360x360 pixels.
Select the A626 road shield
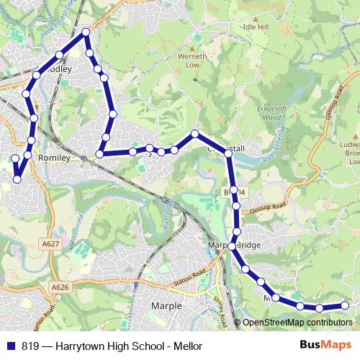coord(60,287)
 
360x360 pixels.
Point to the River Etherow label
coord(270,148)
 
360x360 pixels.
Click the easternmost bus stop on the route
coord(344,305)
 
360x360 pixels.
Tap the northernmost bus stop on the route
coord(86,32)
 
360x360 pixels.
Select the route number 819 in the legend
coord(30,346)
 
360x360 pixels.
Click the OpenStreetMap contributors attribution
coord(297,323)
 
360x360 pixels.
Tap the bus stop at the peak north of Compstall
coord(195,133)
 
